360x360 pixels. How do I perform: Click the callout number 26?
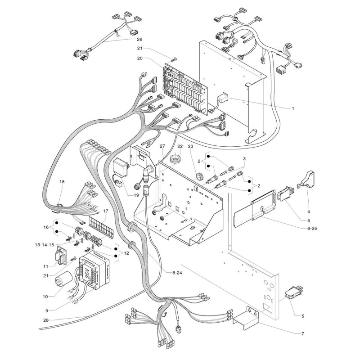139,39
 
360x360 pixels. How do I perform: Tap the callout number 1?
293,108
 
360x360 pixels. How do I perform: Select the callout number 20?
140,58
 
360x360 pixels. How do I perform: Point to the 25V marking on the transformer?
87,273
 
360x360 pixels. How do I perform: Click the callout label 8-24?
177,273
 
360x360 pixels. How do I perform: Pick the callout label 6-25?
312,229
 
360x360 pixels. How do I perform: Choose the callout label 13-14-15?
44,245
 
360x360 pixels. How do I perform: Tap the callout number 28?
46,320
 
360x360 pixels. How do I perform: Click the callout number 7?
302,333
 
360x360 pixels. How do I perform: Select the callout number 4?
309,211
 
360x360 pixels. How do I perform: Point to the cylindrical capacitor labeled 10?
63,280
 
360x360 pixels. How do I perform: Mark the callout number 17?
105,211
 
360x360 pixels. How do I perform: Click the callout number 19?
136,195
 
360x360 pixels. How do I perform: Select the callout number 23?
190,146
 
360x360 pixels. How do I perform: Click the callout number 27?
162,146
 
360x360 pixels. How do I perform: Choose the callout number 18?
62,182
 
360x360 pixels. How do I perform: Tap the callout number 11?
46,266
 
